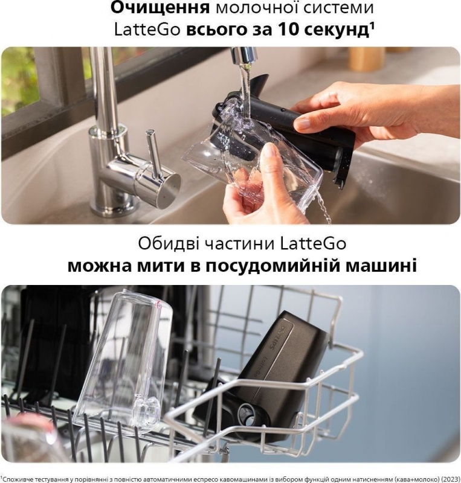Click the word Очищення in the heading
[x=160, y=8]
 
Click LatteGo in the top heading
[x=147, y=30]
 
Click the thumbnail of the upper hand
[x=304, y=124]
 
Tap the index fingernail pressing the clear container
[x=272, y=150]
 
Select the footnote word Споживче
[x=19, y=479]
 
